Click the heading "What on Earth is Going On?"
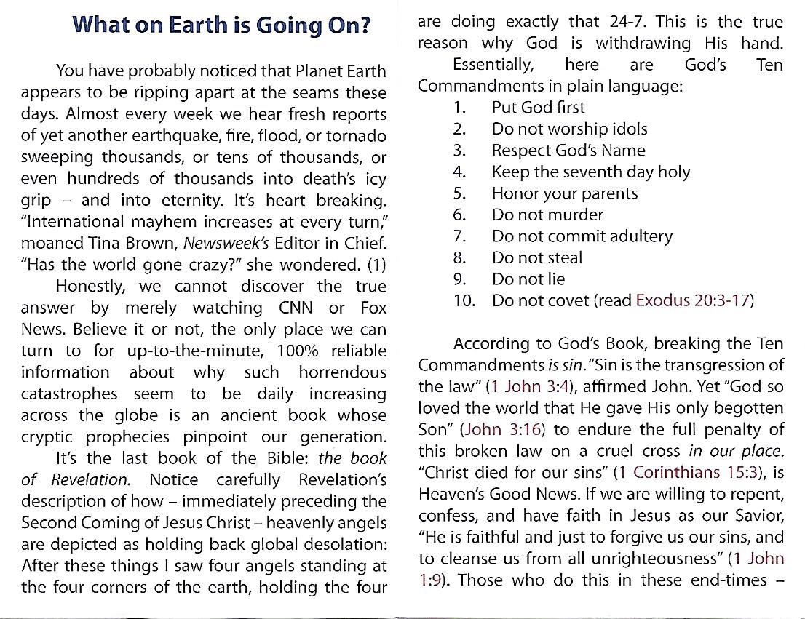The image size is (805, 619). (222, 25)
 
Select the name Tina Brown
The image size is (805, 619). (128, 242)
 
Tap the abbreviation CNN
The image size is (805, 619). (290, 308)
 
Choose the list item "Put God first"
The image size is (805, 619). (538, 108)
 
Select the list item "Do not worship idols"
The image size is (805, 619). (569, 129)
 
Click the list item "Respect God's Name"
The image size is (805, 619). (568, 151)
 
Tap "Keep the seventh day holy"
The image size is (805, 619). (590, 172)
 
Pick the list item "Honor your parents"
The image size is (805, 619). (564, 193)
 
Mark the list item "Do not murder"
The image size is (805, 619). (547, 215)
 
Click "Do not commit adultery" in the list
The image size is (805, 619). (582, 236)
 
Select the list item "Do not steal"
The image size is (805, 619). (537, 257)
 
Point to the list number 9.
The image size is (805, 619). (459, 279)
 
